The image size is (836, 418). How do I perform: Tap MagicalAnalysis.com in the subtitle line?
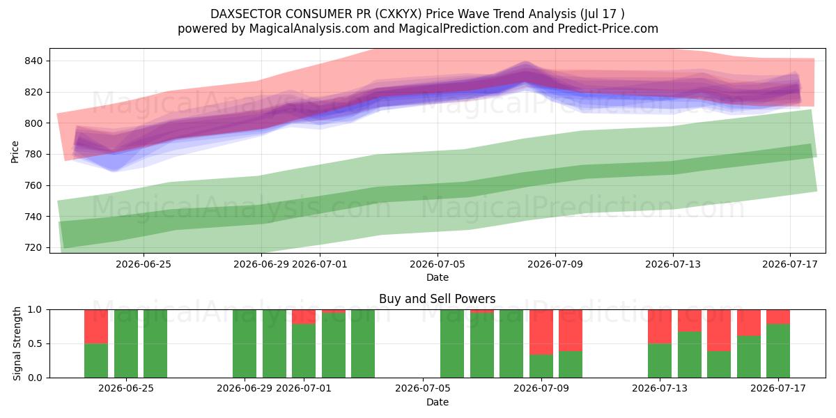click(309, 29)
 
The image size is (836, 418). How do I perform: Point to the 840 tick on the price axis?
click(33, 61)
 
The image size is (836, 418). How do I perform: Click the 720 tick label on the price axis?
click(33, 247)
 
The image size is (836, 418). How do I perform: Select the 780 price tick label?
click(33, 154)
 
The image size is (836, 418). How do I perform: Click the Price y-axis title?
click(15, 152)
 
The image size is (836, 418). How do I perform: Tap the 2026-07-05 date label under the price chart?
click(438, 264)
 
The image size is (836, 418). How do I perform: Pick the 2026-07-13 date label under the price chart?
click(673, 264)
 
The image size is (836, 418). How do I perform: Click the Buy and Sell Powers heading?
click(438, 299)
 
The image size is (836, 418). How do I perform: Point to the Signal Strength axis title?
click(17, 343)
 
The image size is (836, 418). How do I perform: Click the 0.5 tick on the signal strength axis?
click(35, 343)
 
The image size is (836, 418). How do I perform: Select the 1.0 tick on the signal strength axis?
click(35, 310)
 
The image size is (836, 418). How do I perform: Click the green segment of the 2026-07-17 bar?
click(778, 351)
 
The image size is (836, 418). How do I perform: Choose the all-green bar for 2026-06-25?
click(126, 343)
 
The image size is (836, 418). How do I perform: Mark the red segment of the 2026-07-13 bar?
click(660, 327)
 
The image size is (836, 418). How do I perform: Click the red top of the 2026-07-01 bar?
click(304, 317)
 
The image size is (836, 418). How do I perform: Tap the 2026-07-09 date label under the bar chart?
click(541, 388)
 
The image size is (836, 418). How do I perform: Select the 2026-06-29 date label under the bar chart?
click(245, 388)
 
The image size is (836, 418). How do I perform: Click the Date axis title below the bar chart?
click(438, 402)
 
